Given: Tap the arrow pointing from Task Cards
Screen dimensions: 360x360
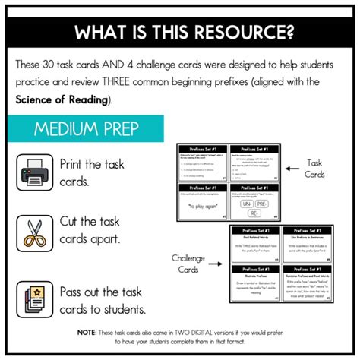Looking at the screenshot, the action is (291, 169).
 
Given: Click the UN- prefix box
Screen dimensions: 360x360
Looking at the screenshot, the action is (246, 203).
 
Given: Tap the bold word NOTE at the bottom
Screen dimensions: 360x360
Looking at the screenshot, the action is (87, 332).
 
